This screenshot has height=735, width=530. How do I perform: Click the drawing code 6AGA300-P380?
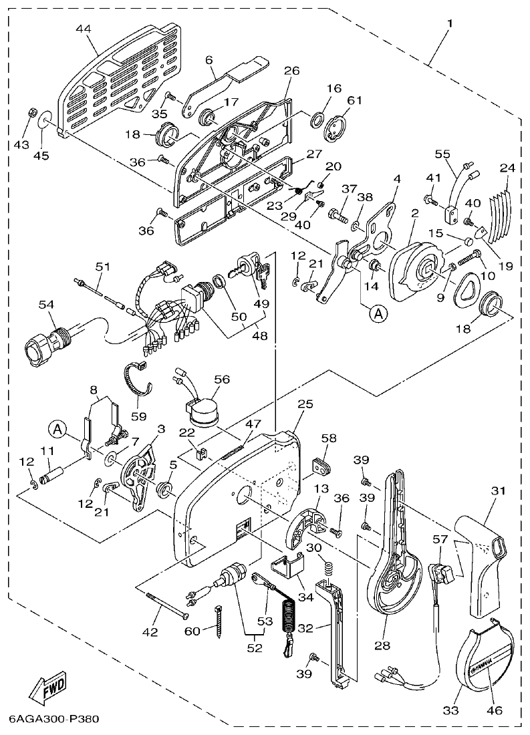point(54,720)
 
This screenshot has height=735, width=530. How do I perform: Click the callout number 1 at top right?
point(449,23)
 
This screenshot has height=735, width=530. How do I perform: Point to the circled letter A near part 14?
point(378,313)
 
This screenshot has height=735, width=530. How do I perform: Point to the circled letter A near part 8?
point(57,428)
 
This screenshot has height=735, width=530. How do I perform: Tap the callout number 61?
point(354,100)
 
